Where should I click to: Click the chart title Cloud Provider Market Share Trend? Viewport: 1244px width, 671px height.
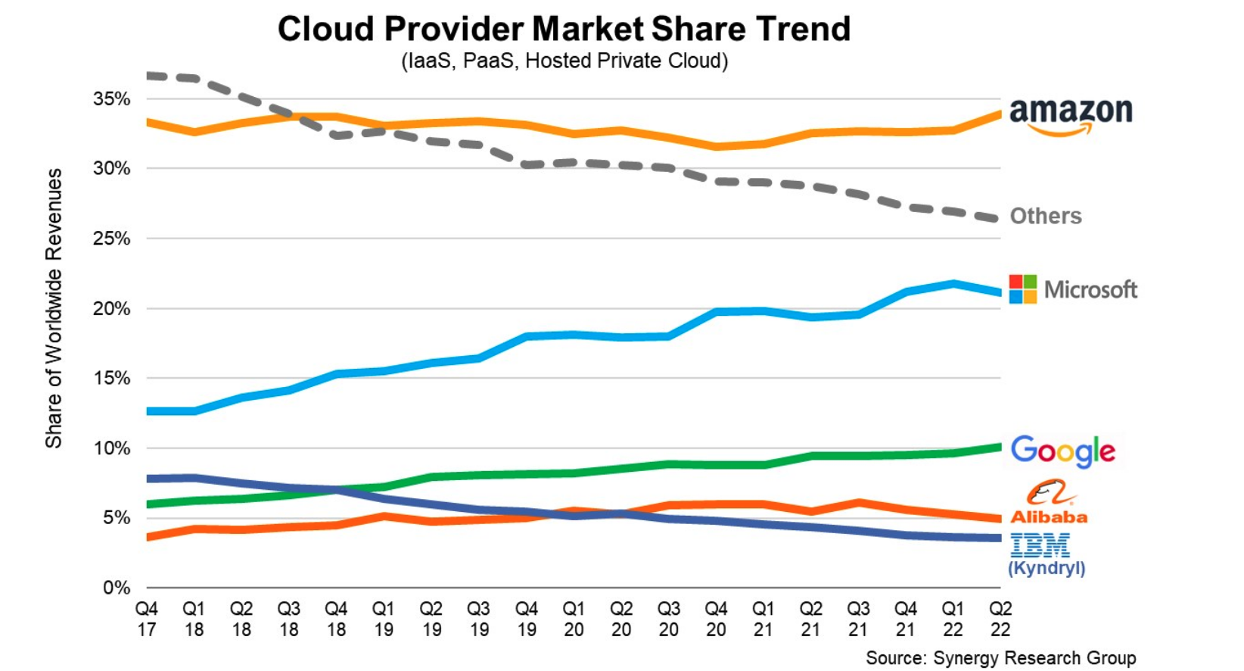[564, 29]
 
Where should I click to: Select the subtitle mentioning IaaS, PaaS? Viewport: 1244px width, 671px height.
[564, 61]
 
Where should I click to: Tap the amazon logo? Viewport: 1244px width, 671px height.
[1070, 115]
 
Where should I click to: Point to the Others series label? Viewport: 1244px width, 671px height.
[1046, 216]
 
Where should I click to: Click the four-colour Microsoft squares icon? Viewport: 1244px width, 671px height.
[1023, 289]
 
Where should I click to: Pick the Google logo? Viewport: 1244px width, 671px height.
[1062, 451]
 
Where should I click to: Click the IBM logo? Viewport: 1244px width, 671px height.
[1040, 545]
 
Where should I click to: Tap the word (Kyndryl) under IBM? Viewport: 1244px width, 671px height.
[1046, 568]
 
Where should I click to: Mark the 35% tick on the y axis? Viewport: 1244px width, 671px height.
[112, 99]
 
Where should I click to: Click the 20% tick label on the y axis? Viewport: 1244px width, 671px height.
[112, 309]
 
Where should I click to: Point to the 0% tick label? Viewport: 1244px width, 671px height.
[117, 588]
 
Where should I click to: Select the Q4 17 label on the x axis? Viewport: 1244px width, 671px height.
[147, 619]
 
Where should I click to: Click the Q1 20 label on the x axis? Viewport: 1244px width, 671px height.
[574, 619]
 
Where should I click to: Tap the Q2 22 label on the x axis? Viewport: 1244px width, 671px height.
[1000, 619]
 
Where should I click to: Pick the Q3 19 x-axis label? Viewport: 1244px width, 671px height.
[478, 619]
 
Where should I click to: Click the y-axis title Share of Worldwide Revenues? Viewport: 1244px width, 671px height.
[54, 308]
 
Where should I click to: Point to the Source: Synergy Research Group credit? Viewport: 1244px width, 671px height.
[1000, 658]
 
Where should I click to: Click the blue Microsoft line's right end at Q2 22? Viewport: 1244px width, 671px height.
[999, 292]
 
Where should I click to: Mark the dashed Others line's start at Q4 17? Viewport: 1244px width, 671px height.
[148, 76]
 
